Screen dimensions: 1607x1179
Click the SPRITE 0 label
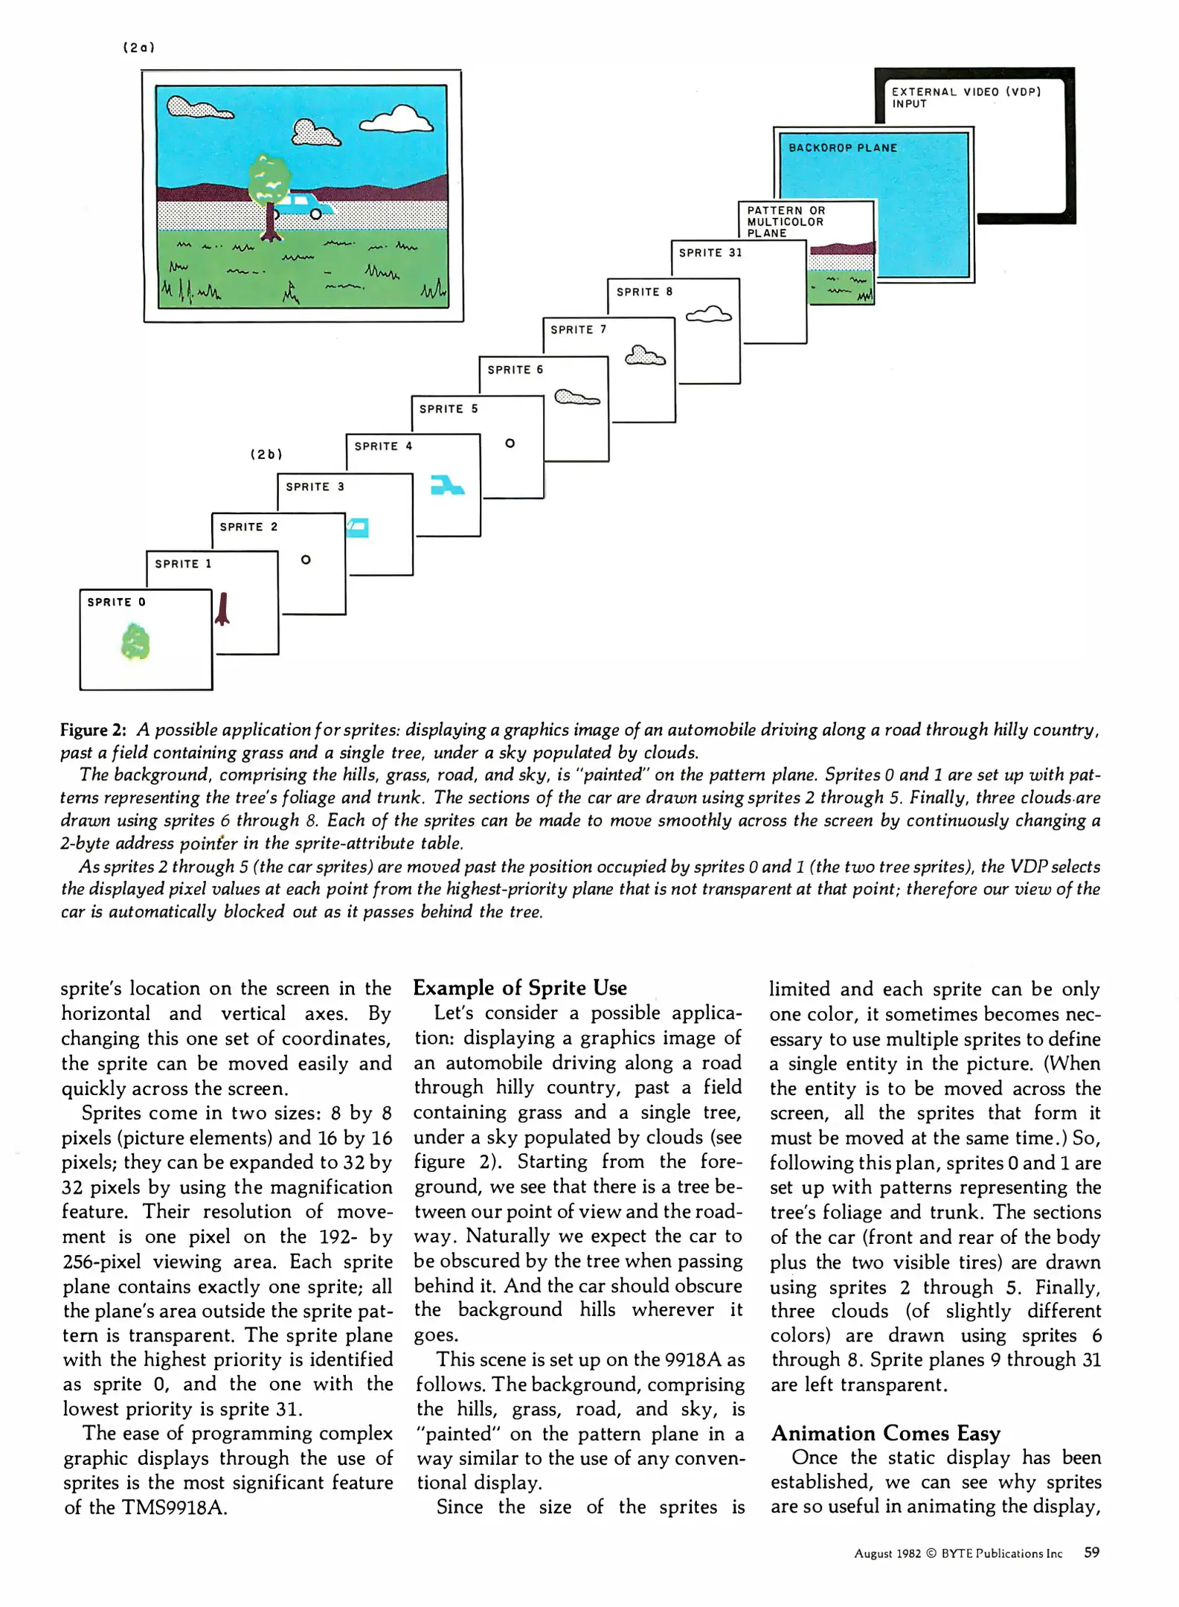[116, 603]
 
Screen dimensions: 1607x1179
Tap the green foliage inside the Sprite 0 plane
[135, 644]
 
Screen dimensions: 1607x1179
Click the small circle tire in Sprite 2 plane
[306, 560]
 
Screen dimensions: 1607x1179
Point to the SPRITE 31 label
[710, 253]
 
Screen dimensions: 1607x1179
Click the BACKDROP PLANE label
[843, 148]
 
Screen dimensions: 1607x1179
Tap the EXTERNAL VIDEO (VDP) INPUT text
[966, 97]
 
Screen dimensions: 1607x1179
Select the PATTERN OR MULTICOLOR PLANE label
[786, 222]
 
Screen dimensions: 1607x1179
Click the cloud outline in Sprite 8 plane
[708, 315]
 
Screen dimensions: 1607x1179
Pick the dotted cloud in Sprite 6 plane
[576, 398]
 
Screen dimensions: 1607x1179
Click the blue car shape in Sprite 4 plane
[447, 485]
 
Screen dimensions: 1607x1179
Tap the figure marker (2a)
[138, 48]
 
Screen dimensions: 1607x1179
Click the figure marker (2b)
[266, 454]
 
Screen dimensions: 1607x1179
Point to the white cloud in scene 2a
[397, 119]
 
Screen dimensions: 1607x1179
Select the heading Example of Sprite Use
[520, 988]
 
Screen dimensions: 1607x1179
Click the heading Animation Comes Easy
[885, 1433]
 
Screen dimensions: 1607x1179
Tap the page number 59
[1091, 1552]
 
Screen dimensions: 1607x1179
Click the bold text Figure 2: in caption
[93, 730]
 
